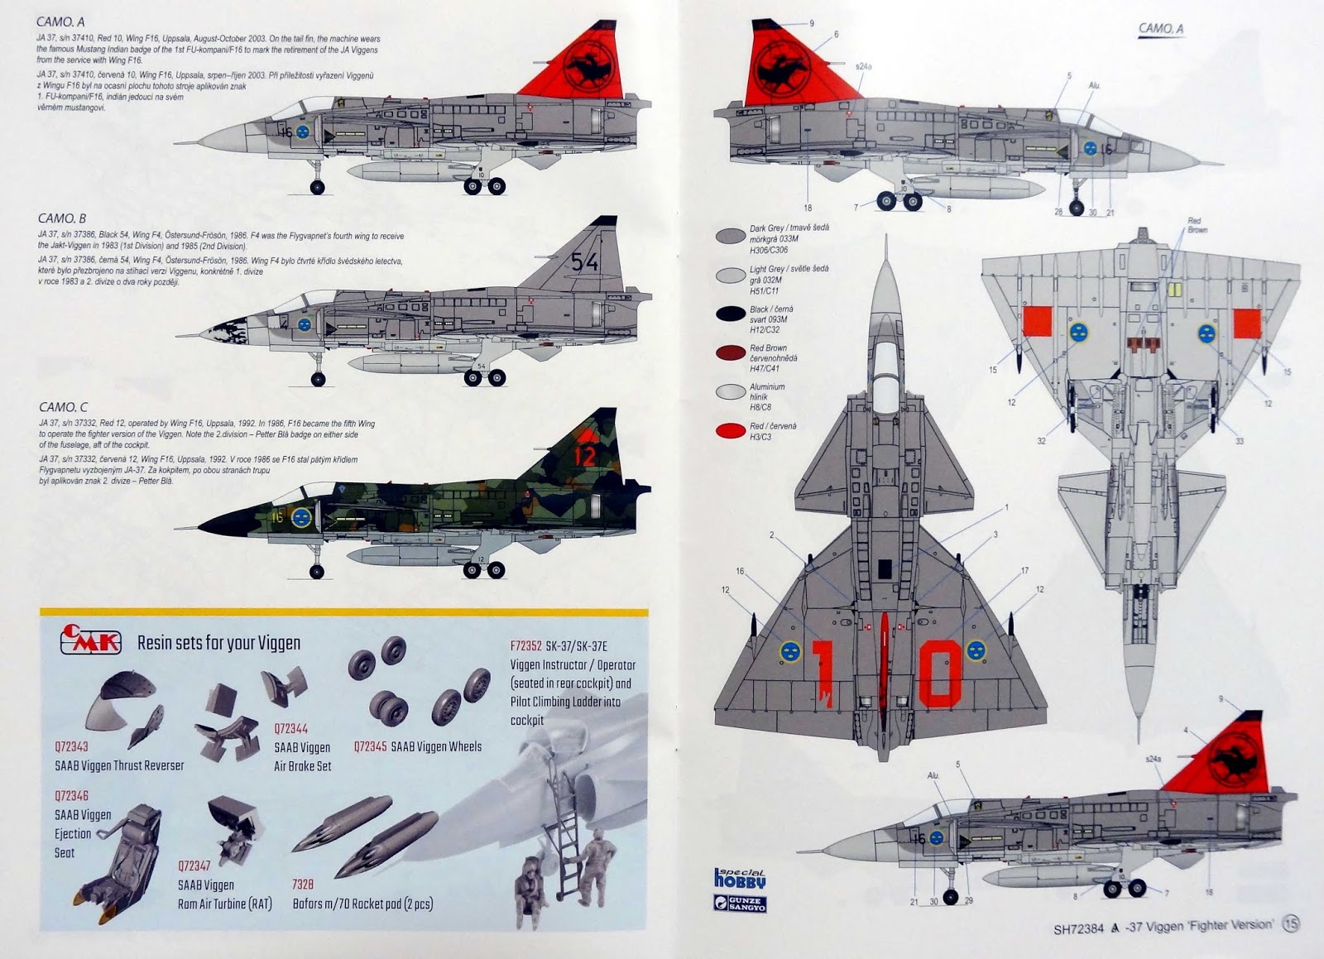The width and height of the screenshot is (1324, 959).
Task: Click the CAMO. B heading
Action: point(62,218)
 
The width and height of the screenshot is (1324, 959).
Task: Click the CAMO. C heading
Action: point(63,407)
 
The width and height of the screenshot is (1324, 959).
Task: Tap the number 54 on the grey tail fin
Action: point(584,262)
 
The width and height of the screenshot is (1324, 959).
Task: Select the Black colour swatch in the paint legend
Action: point(731,314)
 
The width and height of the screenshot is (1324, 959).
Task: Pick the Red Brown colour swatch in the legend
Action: point(731,353)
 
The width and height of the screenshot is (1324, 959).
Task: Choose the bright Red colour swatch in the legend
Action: point(731,430)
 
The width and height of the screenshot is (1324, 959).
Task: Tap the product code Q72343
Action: point(72,747)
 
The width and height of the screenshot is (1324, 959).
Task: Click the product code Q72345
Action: point(370,746)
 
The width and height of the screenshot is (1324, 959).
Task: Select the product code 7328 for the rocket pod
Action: point(303,885)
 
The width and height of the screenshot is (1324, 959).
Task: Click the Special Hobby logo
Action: point(740,879)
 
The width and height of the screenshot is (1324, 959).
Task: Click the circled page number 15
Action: point(1290,924)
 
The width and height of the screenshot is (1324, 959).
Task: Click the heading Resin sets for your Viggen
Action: point(218,643)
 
